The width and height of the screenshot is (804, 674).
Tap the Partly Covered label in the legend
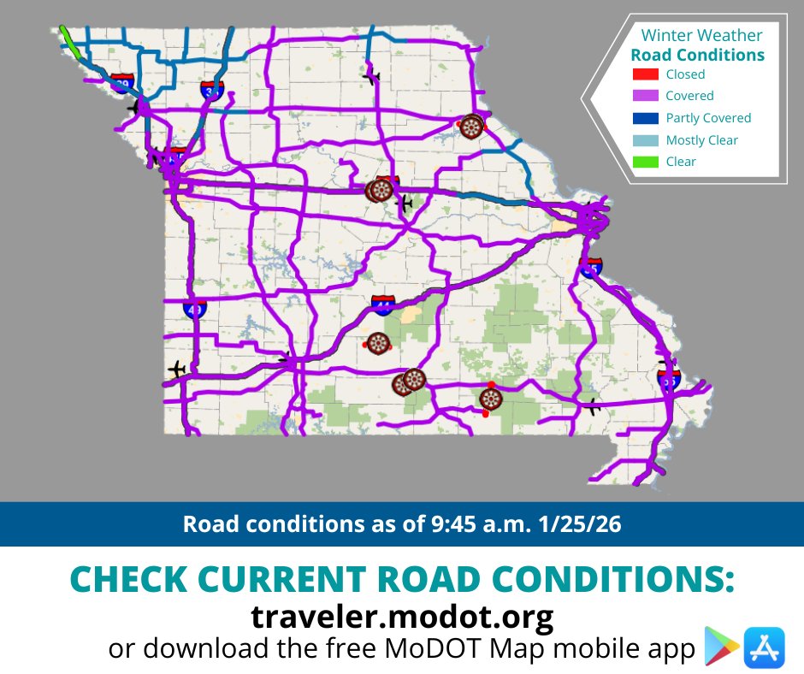pos(708,118)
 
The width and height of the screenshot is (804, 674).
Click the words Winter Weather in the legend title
pos(701,35)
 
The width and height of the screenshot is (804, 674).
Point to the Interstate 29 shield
pos(122,83)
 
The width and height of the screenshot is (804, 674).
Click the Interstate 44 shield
pos(383,304)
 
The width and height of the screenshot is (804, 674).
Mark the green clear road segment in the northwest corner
pos(70,41)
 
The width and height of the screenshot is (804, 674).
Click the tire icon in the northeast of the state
pos(470,127)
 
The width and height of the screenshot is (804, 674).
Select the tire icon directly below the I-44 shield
pos(377,342)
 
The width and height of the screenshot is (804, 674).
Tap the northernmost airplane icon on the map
pos(370,76)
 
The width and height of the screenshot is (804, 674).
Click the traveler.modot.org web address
pos(402,616)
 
